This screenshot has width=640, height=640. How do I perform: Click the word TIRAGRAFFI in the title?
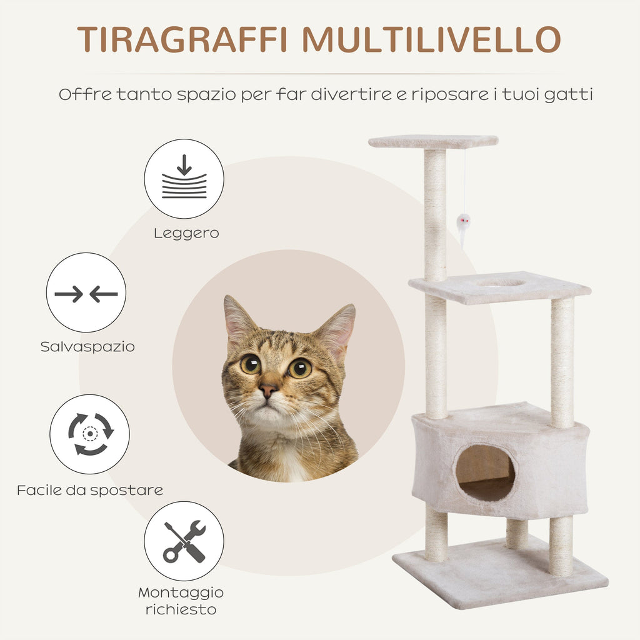coord(182,39)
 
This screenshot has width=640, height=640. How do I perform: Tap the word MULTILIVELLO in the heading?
coord(432,39)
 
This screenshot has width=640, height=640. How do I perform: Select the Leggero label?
coord(186,234)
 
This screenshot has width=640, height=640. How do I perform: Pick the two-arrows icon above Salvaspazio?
coord(86,292)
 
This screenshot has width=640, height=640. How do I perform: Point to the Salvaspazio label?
coord(87,347)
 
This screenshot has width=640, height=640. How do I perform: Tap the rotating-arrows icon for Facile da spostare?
coord(90,434)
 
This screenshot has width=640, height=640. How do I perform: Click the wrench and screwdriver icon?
coord(184,541)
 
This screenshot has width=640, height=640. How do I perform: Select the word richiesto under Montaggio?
coord(181,610)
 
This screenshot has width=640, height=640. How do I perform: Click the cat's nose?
coord(267,390)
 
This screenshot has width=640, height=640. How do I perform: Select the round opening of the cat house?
coord(485,472)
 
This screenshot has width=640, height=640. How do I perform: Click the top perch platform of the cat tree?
coord(433,142)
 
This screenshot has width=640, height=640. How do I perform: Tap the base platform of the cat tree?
coord(501,573)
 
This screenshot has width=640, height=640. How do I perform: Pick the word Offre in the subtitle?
coord(85,94)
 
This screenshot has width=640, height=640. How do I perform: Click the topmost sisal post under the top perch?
coord(435,215)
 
